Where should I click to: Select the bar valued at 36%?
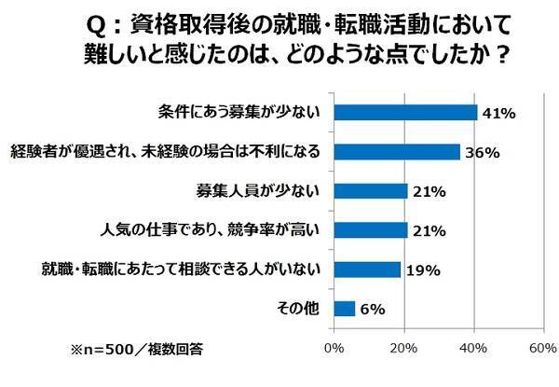396,152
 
